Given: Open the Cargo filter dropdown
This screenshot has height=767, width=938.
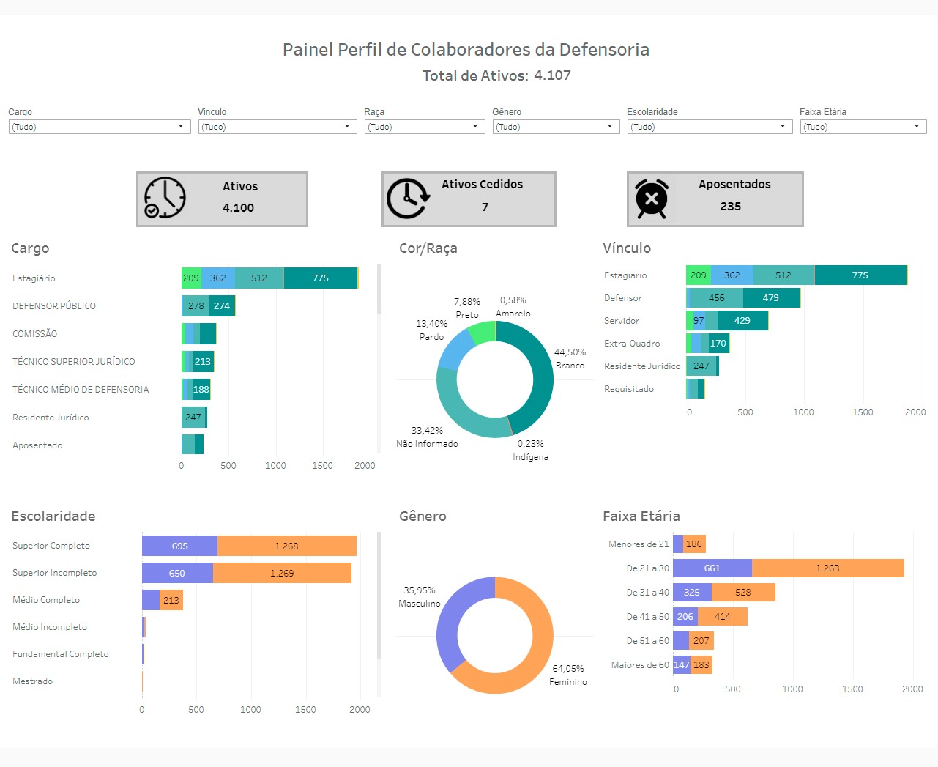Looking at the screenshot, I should [x=100, y=127].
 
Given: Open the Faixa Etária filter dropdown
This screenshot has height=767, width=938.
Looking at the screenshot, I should [x=863, y=127].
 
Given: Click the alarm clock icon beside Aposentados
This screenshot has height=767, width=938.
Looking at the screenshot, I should [x=651, y=199].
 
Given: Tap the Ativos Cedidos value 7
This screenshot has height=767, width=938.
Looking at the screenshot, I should [x=485, y=207].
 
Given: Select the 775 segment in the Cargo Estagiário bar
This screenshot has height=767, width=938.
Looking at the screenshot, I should [x=320, y=278].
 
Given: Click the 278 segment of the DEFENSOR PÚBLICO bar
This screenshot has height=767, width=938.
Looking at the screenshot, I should [x=196, y=306].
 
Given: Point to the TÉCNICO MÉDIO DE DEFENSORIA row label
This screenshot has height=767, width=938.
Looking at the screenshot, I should [x=81, y=390].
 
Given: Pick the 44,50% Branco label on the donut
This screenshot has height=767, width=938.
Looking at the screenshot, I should [x=570, y=359].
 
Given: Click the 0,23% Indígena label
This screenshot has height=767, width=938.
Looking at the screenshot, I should [x=530, y=451].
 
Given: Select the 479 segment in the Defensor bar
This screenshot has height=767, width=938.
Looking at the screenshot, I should [x=770, y=298].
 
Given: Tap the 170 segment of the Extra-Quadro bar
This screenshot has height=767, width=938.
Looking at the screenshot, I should [x=718, y=344].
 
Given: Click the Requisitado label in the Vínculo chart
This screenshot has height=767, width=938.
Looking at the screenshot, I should [x=629, y=389].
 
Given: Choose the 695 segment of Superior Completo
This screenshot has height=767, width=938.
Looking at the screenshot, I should [x=179, y=546].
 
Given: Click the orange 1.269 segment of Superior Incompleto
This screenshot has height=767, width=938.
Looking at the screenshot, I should [x=282, y=574].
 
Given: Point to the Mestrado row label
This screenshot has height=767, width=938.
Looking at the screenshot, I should [x=33, y=681].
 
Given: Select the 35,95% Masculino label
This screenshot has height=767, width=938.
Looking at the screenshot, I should [x=420, y=597].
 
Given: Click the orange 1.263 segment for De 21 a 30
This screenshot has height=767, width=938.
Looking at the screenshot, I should [x=827, y=568].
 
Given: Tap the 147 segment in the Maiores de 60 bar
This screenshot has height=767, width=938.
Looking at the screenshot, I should [x=682, y=665].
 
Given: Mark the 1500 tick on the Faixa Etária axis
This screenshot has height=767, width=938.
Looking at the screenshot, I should [x=852, y=689].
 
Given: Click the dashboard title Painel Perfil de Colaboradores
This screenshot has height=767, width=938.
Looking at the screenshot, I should [x=466, y=50].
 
